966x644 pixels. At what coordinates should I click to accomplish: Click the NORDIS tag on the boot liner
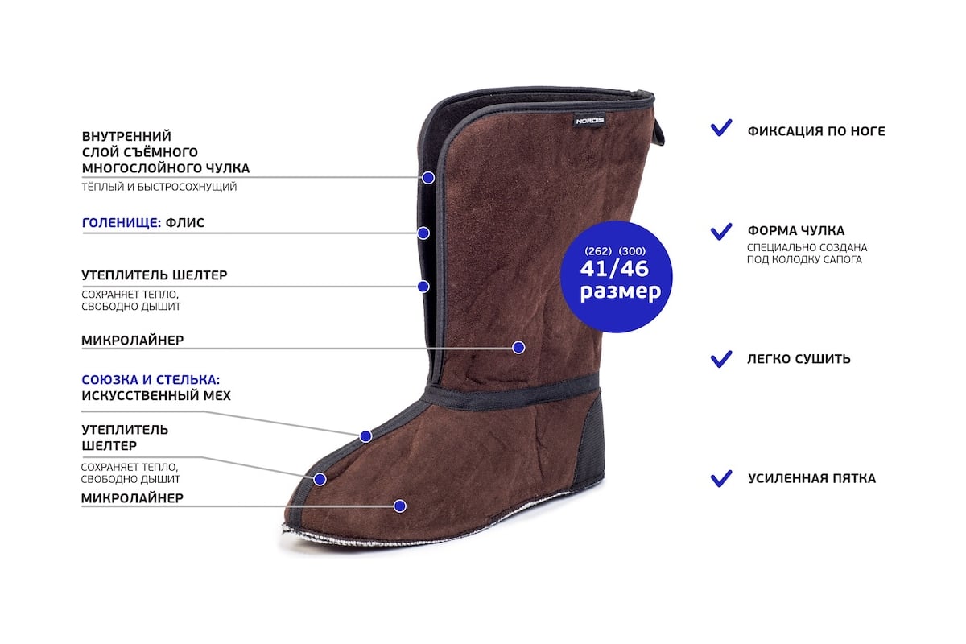[590, 121]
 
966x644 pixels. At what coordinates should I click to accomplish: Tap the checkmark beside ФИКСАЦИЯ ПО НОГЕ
[721, 129]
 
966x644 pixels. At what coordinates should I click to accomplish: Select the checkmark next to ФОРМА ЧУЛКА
[721, 231]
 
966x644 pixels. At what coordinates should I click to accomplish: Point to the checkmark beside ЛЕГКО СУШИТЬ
[721, 358]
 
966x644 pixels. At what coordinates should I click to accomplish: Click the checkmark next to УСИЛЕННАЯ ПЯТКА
[721, 477]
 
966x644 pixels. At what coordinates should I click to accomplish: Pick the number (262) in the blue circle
[598, 250]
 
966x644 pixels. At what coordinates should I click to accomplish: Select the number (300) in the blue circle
[632, 250]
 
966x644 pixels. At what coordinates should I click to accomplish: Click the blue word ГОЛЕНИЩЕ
[119, 223]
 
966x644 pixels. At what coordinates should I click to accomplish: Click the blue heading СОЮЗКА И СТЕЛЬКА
[151, 378]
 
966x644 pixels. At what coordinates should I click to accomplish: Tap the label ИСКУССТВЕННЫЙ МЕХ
[156, 395]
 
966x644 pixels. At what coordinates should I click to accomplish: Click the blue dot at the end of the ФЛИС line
[423, 233]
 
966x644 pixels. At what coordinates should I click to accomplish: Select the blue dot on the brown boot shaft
[518, 348]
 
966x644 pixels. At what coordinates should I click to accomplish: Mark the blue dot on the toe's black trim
[320, 479]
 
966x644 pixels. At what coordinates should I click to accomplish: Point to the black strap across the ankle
[511, 394]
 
